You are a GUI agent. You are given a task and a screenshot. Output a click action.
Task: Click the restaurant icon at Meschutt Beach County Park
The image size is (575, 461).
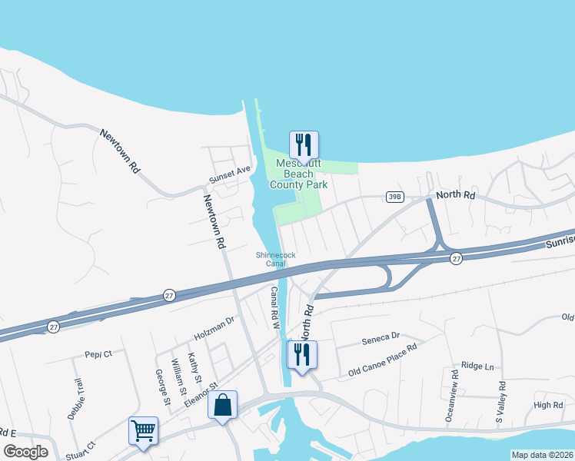tap(304, 144)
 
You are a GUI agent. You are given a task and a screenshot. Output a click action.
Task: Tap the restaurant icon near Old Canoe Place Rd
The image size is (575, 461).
tap(301, 355)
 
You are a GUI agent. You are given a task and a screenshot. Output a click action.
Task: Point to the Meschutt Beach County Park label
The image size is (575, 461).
tap(298, 174)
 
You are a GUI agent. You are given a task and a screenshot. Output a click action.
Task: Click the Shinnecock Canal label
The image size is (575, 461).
tap(275, 259)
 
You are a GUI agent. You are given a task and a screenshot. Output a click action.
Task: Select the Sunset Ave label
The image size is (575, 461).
tap(230, 175)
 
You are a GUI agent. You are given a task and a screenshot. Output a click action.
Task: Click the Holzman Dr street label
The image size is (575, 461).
tap(213, 331)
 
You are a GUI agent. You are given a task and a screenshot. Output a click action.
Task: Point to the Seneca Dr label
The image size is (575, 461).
tap(381, 336)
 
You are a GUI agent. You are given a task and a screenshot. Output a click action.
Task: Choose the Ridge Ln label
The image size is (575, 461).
tap(477, 367)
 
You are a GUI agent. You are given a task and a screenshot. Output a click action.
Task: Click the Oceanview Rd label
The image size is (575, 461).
tap(452, 396)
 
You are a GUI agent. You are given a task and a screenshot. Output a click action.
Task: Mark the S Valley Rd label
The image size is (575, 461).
tap(500, 403)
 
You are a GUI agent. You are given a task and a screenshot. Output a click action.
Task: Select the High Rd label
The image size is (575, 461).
tap(548, 405)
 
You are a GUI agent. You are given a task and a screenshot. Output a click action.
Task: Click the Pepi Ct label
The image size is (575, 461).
tap(98, 354)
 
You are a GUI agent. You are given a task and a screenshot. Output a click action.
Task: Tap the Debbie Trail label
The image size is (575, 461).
tap(75, 400)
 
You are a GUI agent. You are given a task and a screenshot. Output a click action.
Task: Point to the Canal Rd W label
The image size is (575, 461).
tap(274, 307)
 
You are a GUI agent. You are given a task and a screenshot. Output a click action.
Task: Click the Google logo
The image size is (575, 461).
tap(25, 452)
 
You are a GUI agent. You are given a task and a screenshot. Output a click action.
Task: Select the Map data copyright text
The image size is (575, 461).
tap(541, 455)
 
